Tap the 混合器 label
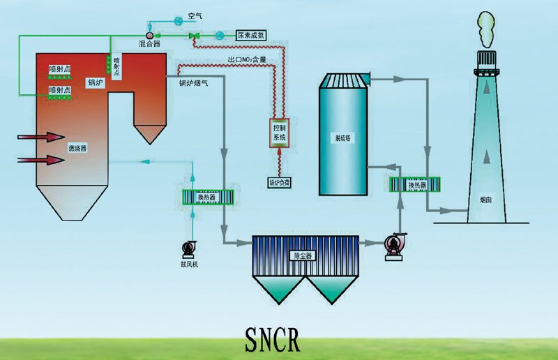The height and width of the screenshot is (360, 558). (x=150, y=43)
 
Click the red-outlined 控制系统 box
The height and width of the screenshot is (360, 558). (x=279, y=133)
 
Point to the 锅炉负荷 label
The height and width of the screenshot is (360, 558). (x=280, y=183)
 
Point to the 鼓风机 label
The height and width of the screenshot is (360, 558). (x=189, y=264)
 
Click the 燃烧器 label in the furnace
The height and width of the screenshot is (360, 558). (x=77, y=149)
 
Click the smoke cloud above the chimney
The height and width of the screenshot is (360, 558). (x=486, y=28)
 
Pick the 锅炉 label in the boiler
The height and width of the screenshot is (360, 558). (x=95, y=82)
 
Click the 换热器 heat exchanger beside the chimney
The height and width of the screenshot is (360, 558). (x=416, y=185)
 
